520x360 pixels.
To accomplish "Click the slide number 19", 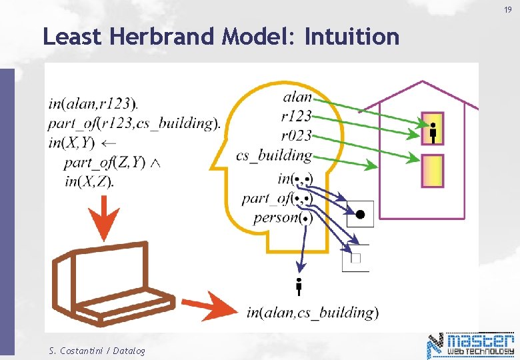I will tap(507, 10).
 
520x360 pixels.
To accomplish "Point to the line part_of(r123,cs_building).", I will tap(134, 123).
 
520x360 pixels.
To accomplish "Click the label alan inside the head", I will tap(297, 97).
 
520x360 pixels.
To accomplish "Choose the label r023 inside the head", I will tap(296, 136).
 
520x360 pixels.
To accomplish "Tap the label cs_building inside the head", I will tap(274, 155).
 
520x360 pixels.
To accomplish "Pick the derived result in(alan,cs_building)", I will tap(312, 312).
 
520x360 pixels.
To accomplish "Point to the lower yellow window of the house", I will tap(433, 171).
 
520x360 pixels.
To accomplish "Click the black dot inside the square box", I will tap(360, 214).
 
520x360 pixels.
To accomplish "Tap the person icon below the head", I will tap(299, 286).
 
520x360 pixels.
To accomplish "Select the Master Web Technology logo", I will tap(471, 345).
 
